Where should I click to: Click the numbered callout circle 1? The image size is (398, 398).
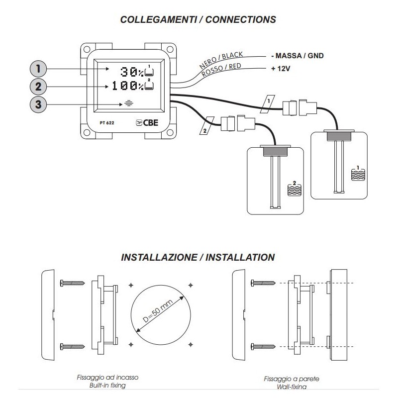coord(38,68)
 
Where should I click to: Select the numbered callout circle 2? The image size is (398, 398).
coord(38,86)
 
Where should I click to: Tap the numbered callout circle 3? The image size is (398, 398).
coord(38,104)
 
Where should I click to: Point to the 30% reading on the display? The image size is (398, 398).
coord(131,72)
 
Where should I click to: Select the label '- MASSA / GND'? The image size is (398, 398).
coord(298,56)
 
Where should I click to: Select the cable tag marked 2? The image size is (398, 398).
coord(203,129)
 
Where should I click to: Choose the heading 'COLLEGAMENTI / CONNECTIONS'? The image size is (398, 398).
coord(199,20)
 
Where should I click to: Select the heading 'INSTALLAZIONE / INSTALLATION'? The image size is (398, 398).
coord(198,258)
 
